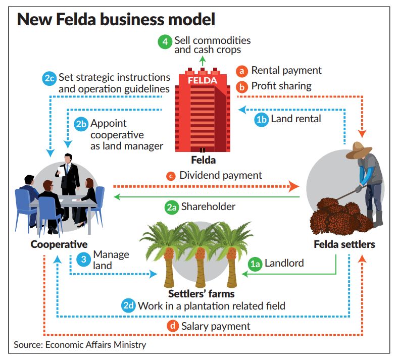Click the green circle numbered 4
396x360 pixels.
165,41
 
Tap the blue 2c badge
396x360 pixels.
49,78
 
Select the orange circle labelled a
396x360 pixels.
241,71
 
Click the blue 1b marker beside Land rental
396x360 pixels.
261,120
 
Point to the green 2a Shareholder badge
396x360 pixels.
172,207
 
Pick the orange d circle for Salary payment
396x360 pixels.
172,326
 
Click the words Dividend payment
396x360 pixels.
221,176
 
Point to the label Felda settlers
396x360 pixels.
344,245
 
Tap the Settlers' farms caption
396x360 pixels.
201,293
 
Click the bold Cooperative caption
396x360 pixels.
59,245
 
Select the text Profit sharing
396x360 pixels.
281,86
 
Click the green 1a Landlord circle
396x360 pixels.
256,263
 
